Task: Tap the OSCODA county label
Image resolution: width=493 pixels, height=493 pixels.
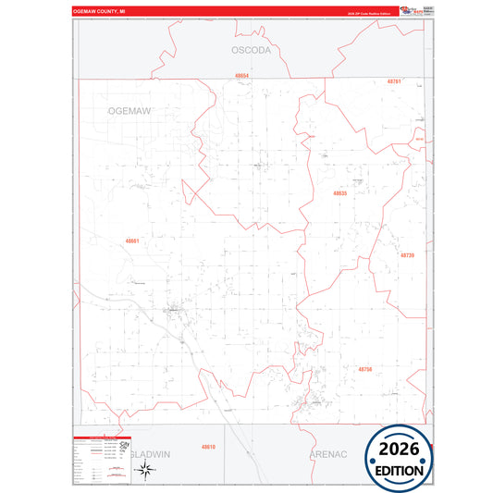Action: coord(251,51)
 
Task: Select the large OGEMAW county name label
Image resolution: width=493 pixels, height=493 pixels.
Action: coord(129,110)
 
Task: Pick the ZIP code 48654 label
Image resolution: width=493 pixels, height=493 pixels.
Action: coord(242,75)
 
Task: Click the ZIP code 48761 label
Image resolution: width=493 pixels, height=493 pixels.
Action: coord(394,81)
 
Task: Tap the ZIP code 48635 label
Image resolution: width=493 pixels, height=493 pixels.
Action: coord(340,193)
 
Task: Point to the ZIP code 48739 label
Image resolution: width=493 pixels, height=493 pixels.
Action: coord(408,254)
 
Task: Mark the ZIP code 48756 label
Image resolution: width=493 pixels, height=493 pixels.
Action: coord(364,369)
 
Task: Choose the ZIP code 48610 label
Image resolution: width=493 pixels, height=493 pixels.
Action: coord(209,447)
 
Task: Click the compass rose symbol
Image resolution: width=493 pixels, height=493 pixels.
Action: coord(145,470)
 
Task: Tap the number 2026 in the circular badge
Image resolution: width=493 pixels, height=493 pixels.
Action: coord(400,449)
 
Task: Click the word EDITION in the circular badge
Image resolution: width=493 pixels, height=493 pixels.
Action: coord(400,470)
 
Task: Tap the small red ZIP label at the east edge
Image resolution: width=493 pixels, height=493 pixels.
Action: coord(418,140)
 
